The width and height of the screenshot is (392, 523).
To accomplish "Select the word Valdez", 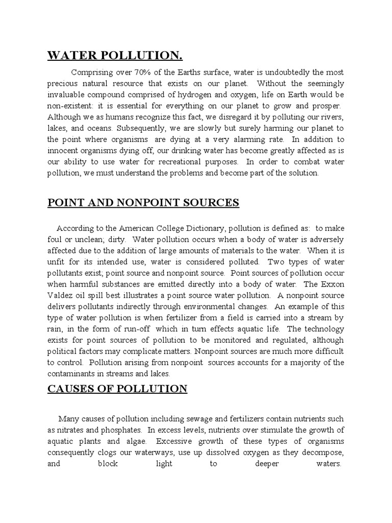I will coord(61,295).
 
